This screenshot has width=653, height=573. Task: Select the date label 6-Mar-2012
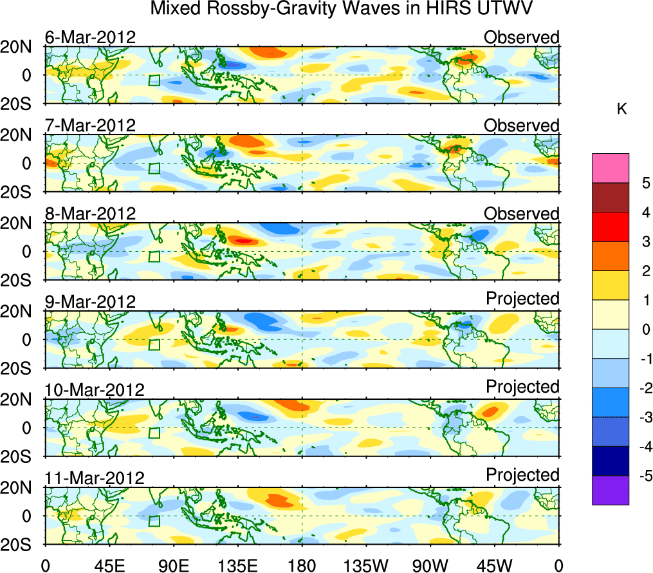[x=90, y=37]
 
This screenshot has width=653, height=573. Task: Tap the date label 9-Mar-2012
[x=90, y=301]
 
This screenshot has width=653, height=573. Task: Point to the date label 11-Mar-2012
[x=95, y=478]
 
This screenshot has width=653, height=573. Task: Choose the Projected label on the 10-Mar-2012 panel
[x=522, y=386]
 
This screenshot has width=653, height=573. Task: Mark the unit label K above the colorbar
[x=622, y=109]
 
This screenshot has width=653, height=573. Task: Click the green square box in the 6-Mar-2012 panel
[x=154, y=80]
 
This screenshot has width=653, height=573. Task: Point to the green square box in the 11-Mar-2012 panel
[x=154, y=521]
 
